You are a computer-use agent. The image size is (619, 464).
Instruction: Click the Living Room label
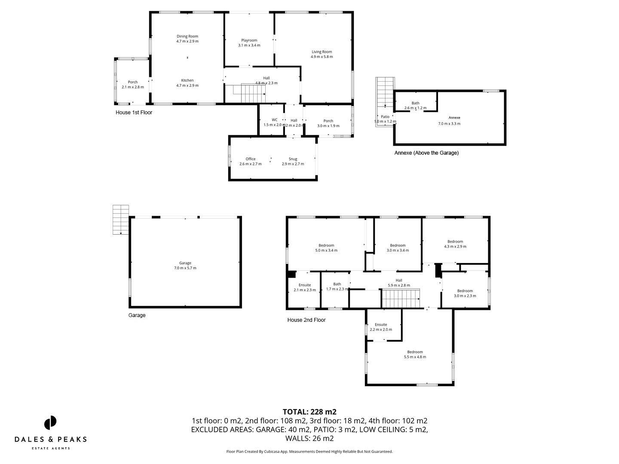click(x=322, y=54)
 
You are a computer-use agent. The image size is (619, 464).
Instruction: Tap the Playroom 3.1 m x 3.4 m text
click(x=249, y=43)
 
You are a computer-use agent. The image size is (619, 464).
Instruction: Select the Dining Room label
click(x=187, y=39)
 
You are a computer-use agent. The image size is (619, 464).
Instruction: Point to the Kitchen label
click(x=187, y=83)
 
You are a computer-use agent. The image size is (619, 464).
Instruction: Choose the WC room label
click(x=274, y=122)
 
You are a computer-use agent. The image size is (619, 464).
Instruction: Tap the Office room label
click(x=251, y=161)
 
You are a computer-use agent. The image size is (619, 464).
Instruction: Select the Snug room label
click(x=293, y=161)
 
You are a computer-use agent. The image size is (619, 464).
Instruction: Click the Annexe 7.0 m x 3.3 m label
click(x=449, y=121)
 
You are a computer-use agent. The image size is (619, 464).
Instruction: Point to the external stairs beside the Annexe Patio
click(x=385, y=92)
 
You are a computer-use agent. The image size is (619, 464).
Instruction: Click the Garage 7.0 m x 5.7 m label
click(x=185, y=266)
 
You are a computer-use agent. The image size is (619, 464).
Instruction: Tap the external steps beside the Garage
click(x=121, y=220)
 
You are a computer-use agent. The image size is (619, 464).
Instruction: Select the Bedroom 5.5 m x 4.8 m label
click(x=415, y=354)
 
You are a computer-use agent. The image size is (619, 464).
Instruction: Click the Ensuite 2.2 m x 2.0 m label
click(x=381, y=327)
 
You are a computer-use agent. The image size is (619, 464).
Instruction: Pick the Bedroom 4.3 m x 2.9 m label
click(x=455, y=244)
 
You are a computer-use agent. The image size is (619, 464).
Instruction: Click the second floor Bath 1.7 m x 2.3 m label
click(x=337, y=287)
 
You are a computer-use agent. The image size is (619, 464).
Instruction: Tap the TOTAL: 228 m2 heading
click(x=309, y=412)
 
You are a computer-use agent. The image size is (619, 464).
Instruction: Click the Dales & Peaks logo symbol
click(x=50, y=422)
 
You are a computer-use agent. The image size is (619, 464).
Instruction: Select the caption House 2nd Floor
click(x=306, y=320)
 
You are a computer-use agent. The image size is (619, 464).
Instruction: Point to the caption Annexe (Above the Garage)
click(x=426, y=153)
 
